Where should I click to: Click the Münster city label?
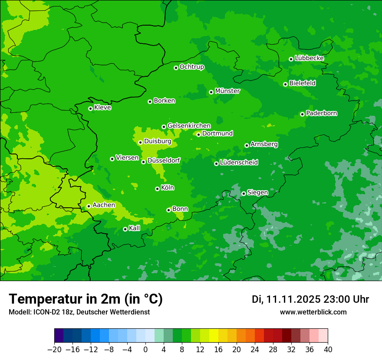tap(227, 91)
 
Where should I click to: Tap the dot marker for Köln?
tap(157, 189)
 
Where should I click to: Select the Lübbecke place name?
tap(309, 58)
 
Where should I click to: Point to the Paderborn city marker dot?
tap(302, 114)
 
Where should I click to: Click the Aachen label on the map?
tap(104, 205)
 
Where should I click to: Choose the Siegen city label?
tap(257, 193)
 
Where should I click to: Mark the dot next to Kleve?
tap(90, 108)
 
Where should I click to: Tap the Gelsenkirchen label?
tap(189, 126)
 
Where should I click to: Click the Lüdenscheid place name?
tap(239, 163)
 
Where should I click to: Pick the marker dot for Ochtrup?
tap(176, 68)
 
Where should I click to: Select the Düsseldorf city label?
tap(164, 160)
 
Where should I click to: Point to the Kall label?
tap(135, 228)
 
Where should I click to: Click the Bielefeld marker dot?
tap(285, 84)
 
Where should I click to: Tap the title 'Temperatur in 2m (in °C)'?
tap(86, 299)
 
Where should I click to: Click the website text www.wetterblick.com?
tap(313, 312)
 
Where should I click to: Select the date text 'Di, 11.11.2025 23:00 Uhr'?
tap(310, 299)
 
